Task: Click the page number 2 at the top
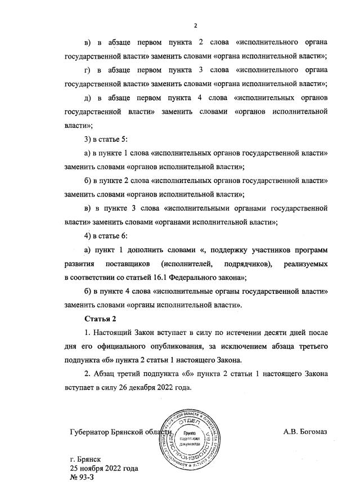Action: (195, 25)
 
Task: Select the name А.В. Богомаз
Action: (305, 432)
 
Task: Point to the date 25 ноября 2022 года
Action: (103, 468)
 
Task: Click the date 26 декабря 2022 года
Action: (156, 387)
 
